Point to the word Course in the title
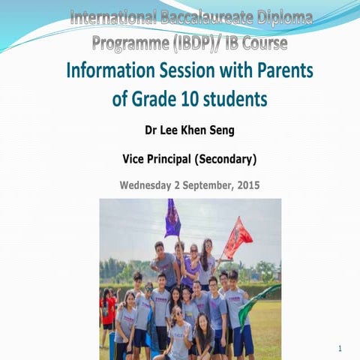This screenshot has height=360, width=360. click(x=262, y=43)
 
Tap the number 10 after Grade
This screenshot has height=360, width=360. click(x=183, y=99)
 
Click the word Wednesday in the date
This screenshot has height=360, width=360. click(x=150, y=184)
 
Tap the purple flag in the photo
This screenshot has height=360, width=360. click(x=172, y=218)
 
